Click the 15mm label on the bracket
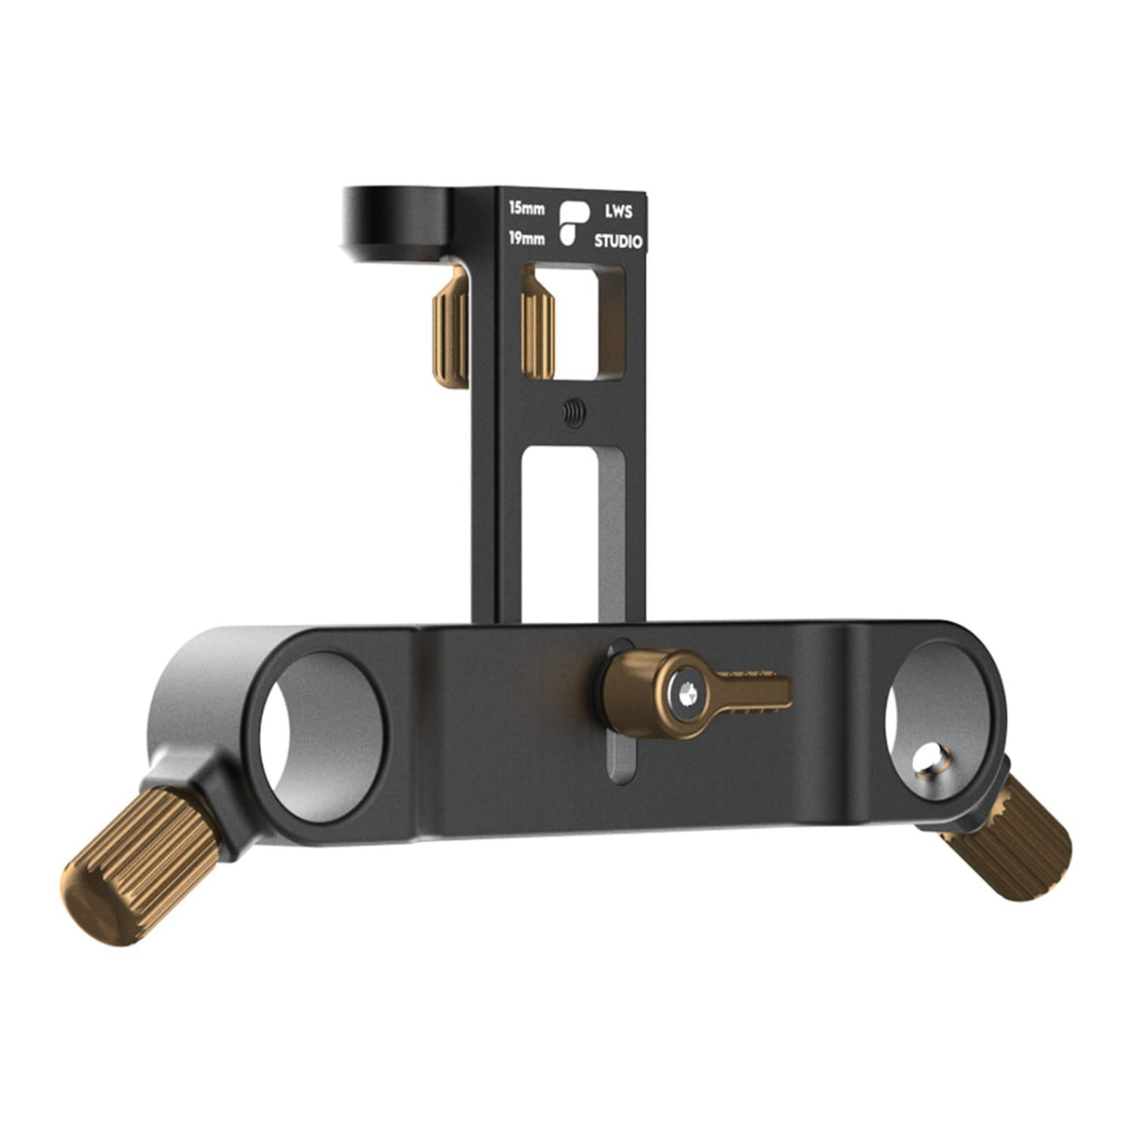coord(527,208)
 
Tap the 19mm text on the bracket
coord(527,238)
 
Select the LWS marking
coord(618,212)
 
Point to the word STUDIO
coord(618,242)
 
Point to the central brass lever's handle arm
coord(751,691)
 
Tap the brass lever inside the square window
coord(538,331)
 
